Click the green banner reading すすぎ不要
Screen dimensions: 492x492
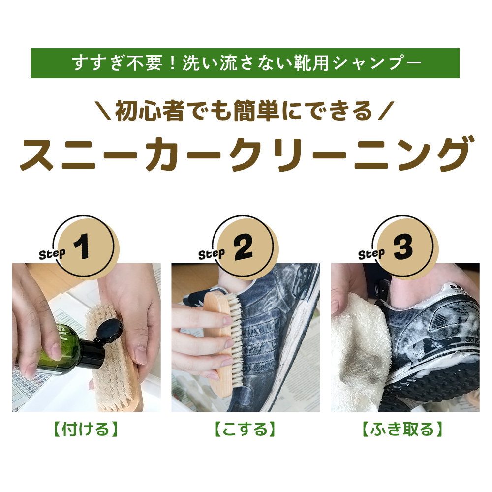[x=245, y=63]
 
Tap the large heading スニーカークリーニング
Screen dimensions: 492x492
[x=246, y=154]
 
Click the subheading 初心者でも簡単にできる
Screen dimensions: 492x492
[x=244, y=111]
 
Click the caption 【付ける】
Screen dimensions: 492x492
[x=86, y=429]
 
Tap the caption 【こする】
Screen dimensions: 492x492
[x=246, y=429]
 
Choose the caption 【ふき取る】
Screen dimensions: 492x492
[x=402, y=429]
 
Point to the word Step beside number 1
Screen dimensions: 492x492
[x=53, y=254]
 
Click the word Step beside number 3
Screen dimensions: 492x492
[x=372, y=254]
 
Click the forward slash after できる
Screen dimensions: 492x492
[x=386, y=111]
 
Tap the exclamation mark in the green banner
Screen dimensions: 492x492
[x=172, y=63]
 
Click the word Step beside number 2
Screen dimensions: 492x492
[x=212, y=254]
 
